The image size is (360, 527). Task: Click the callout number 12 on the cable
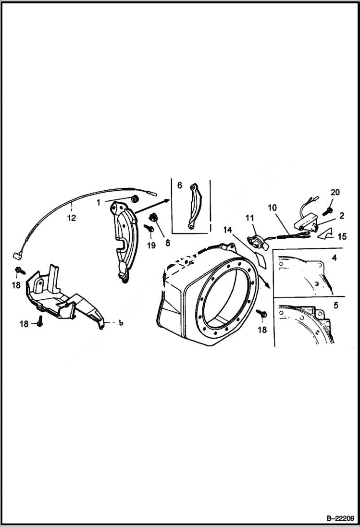pyautogui.click(x=71, y=218)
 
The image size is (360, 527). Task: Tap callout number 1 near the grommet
pyautogui.click(x=99, y=203)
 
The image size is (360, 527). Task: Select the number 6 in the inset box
pyautogui.click(x=179, y=185)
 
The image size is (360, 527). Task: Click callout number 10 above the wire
pyautogui.click(x=273, y=208)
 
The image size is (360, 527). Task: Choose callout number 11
pyautogui.click(x=249, y=219)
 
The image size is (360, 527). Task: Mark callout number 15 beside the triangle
pyautogui.click(x=342, y=237)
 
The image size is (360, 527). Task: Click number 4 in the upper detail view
pyautogui.click(x=334, y=258)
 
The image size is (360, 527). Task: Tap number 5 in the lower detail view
pyautogui.click(x=335, y=305)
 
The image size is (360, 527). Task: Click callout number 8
pyautogui.click(x=167, y=243)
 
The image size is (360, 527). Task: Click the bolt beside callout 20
pyautogui.click(x=327, y=209)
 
